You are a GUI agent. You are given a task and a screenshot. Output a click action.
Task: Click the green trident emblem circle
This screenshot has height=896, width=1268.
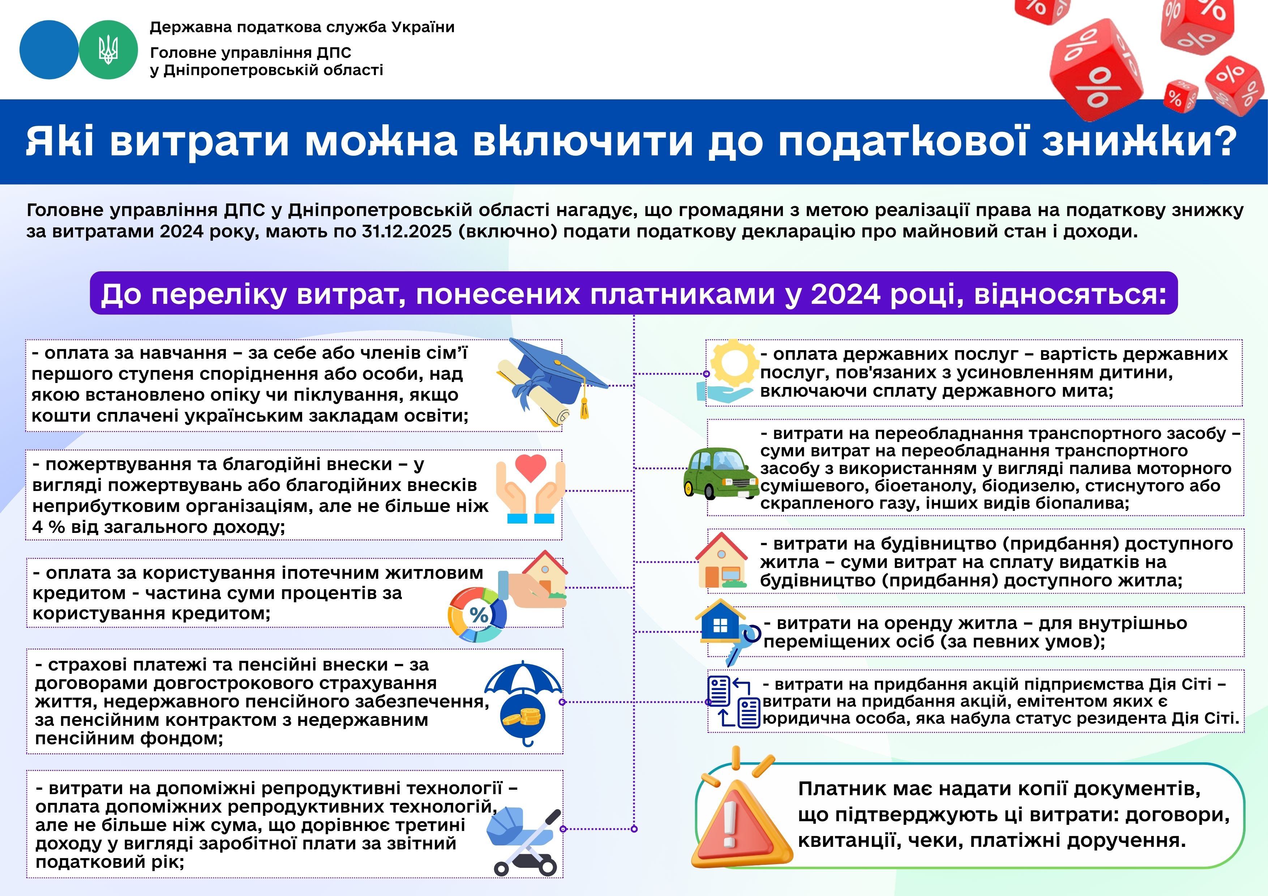[x=108, y=50]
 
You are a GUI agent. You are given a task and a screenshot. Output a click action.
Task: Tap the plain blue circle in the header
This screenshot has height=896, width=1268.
[x=48, y=50]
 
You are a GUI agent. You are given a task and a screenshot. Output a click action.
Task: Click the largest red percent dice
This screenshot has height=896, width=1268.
[x=1096, y=69]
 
